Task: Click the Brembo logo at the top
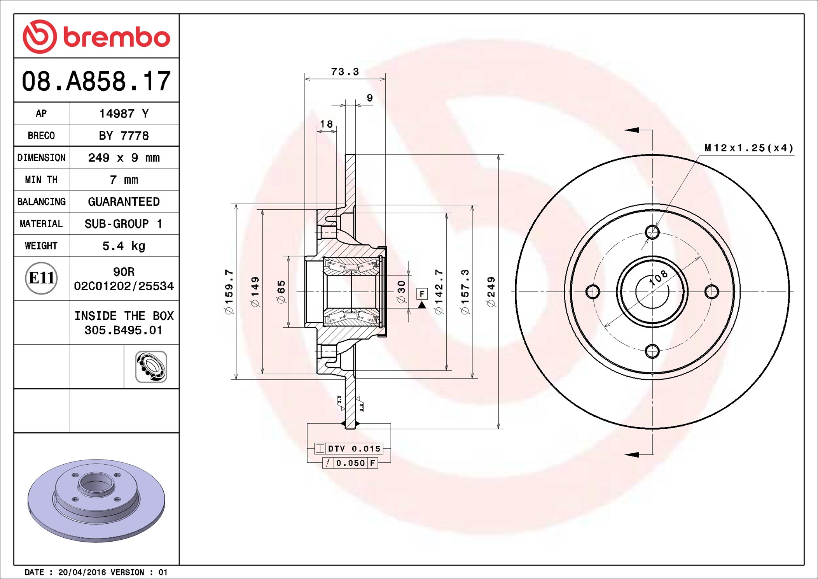[96, 37]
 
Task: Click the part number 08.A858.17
[96, 81]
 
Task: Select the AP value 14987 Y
[124, 114]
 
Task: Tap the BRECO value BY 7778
[124, 136]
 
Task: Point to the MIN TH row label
[41, 180]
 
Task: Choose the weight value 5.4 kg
[124, 246]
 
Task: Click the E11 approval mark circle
[41, 278]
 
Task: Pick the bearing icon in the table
[151, 367]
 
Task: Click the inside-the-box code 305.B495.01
[124, 330]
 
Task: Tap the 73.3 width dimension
[345, 72]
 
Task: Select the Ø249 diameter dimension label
[491, 292]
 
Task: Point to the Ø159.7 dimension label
[229, 292]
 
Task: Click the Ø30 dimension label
[401, 292]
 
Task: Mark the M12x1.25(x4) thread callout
[749, 148]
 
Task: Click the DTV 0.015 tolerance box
[349, 449]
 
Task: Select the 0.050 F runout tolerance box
[350, 463]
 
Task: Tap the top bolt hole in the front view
[652, 232]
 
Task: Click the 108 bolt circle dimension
[659, 278]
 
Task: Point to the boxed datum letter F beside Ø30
[422, 294]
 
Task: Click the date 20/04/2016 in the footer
[82, 572]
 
